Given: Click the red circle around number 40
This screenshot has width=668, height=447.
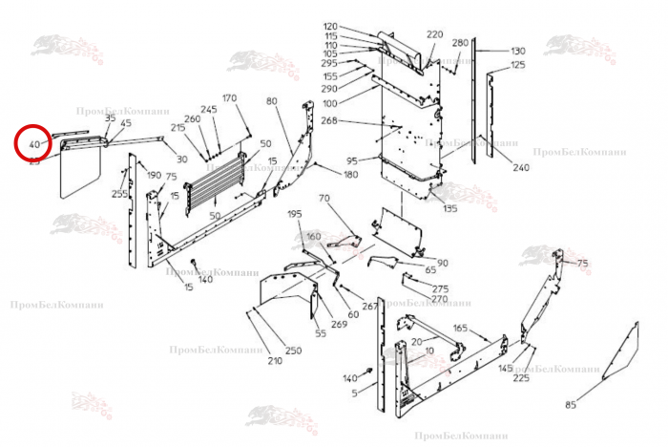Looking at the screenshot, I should coord(34,144).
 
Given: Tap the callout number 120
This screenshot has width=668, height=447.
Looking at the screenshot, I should coord(331,26).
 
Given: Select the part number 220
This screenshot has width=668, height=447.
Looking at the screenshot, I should coord(435,34).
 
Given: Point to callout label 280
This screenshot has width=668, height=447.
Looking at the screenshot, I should coord(460,43).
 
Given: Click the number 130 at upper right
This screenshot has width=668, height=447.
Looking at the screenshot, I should coord(518,51).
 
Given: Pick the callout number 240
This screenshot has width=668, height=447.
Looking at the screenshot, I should coord(521,168).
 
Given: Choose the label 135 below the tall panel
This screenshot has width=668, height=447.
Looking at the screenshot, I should coord(449,208).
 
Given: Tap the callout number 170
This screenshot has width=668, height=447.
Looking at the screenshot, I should coord(229,98).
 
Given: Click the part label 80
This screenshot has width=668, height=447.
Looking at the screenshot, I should coord(272,101).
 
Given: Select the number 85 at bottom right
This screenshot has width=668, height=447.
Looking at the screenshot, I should coord(571,406).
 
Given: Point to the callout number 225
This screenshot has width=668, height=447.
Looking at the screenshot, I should coord(521,378).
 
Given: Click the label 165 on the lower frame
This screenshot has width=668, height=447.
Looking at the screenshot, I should coord(460,329).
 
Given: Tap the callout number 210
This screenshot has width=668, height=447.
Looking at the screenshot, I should coord(275,361).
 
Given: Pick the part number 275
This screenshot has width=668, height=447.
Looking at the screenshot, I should coord(440,288).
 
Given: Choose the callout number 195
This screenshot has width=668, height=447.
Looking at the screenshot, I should coord(294,214).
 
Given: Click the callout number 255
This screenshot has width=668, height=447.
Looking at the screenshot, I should coord(118,194).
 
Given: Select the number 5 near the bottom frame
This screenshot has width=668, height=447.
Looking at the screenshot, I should coord(354,393).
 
